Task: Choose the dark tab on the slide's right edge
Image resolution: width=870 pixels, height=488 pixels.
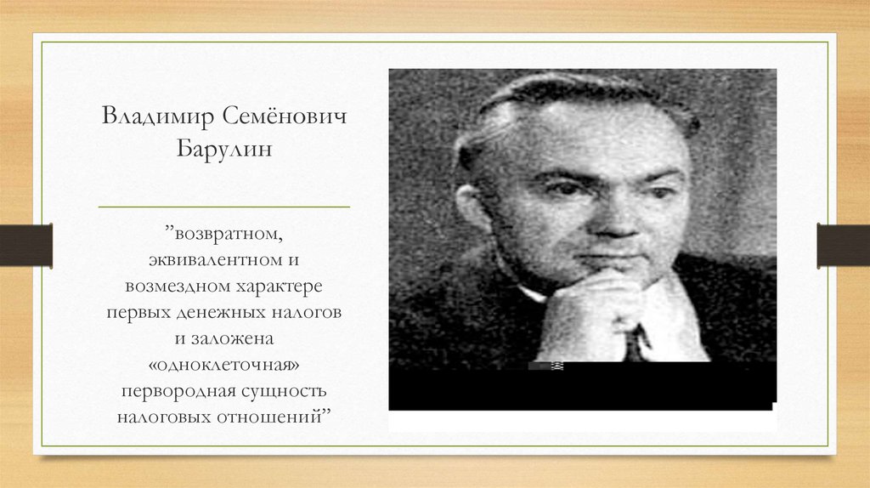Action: [x=844, y=245]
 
